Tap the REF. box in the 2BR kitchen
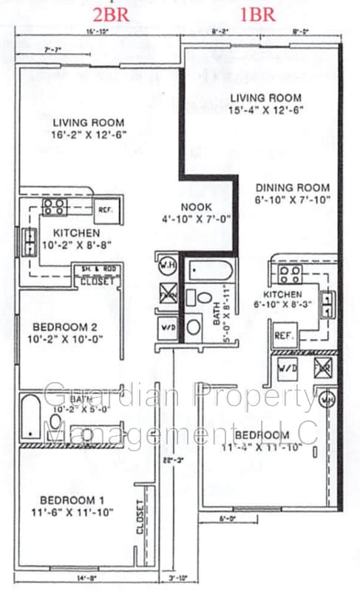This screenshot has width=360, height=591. [x=105, y=209]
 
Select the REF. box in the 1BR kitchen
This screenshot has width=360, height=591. [x=285, y=335]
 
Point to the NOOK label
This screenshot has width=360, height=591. [x=197, y=208]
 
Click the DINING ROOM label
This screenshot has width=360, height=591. [x=293, y=188]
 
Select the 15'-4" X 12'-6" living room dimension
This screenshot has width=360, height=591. [x=265, y=110]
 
